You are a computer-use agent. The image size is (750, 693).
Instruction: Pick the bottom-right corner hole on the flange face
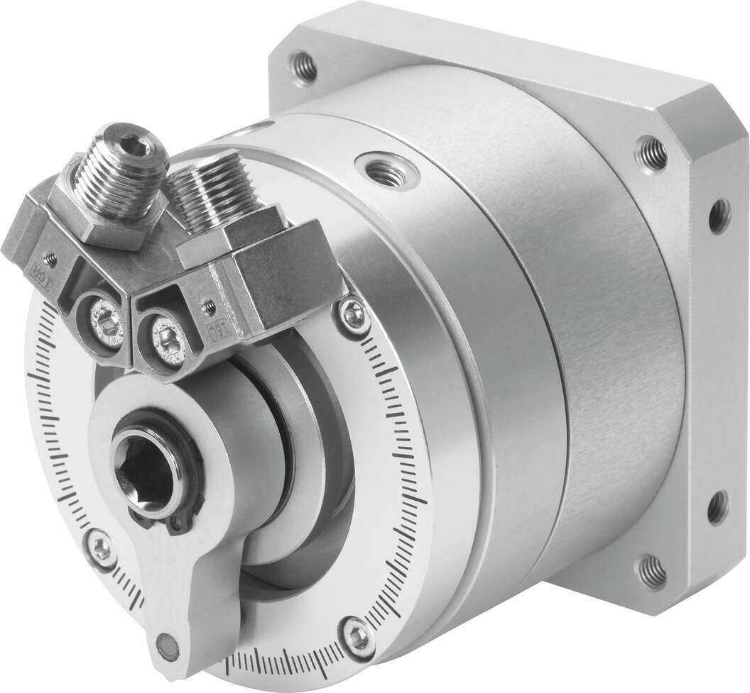click(651, 572)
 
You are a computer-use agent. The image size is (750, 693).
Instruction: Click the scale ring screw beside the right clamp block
click(352, 309)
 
